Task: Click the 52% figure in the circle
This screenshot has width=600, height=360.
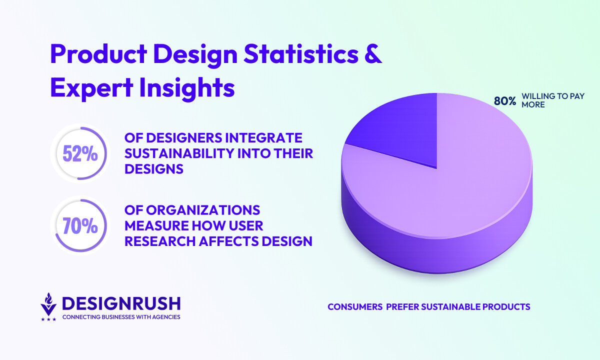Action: (x=80, y=154)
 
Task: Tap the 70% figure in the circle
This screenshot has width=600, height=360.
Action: (x=80, y=226)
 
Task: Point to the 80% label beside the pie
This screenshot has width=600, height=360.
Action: (x=505, y=101)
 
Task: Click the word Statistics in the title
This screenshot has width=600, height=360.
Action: (x=301, y=54)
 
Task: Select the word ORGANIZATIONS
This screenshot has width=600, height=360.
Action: (x=203, y=210)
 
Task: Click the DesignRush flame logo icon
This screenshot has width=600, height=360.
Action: (x=48, y=304)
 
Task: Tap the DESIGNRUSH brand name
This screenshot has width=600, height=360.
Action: (x=121, y=303)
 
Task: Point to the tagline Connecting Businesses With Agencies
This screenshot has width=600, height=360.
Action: (x=121, y=317)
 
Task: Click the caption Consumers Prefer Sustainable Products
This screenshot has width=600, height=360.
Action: (x=429, y=307)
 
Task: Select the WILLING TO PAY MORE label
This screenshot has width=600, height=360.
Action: (x=553, y=100)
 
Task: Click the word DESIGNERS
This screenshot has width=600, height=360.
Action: (x=184, y=138)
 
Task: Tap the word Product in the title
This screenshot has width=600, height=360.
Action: (x=98, y=54)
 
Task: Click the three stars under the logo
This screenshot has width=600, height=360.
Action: (x=48, y=319)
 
